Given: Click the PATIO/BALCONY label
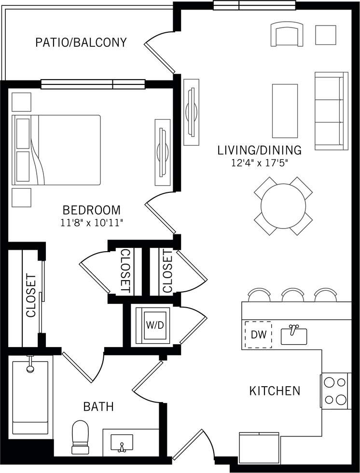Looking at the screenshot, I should pos(81,42).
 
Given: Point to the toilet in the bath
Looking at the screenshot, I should pos(81,437).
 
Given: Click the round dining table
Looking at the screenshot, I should pos(283,206).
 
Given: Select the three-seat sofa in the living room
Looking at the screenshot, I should pos(331,111).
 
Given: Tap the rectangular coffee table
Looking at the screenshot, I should pos(285,111).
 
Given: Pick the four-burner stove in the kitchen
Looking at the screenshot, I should pos(335,391).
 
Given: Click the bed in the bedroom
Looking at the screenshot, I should pos(56,150).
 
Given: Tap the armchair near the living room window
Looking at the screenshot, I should pos(287,35).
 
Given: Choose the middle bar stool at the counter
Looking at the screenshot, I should pos(292,295).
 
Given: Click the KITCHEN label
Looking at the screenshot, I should pos(275,391).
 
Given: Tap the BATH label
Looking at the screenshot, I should pos(98,406).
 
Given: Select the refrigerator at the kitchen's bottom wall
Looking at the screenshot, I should pos(259,448).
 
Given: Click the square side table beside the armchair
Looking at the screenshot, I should pos(326,35).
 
